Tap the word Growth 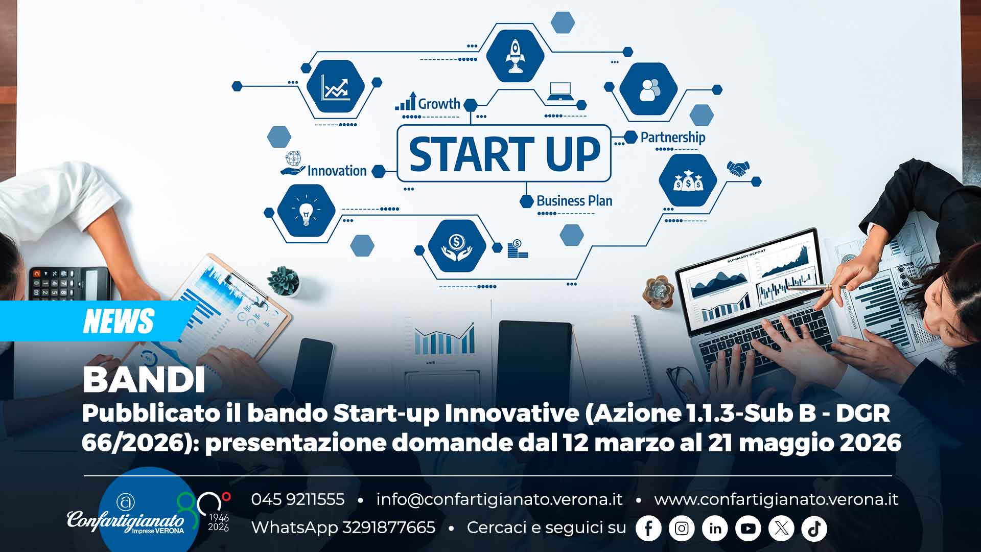pos(439,104)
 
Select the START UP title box pos(504,153)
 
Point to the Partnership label pos(672,137)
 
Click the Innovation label pos(337,171)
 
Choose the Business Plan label pos(574,201)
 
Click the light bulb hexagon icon pos(306,211)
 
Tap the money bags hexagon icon pos(688,180)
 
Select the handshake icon pos(738,168)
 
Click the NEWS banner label pos(118,321)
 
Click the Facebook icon pos(648,528)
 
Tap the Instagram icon pos(682,528)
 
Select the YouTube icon pos(748,528)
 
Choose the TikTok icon pos(814,528)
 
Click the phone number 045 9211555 pos(297,499)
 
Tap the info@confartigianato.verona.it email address pos(499,499)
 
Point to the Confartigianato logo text pos(126,521)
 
